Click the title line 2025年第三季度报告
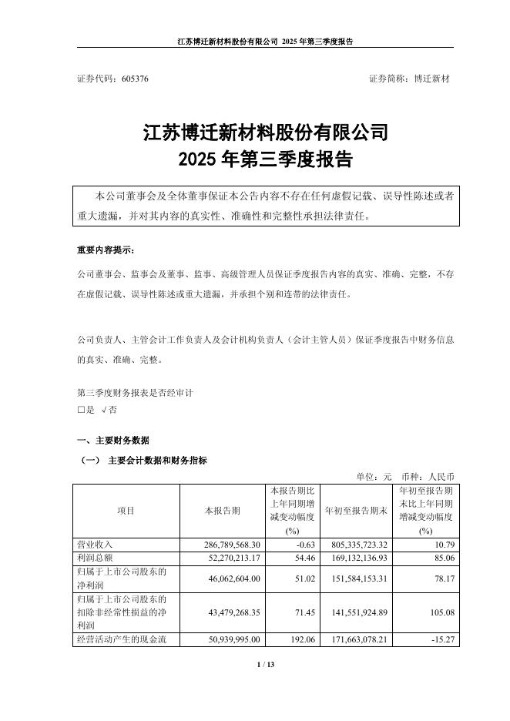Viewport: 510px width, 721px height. pos(264,160)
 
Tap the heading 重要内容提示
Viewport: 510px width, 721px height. pos(105,250)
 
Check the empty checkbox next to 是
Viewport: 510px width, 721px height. pos(81,410)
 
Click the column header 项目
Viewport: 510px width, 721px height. pos(126,511)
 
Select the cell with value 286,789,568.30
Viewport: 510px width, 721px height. pos(226,545)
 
